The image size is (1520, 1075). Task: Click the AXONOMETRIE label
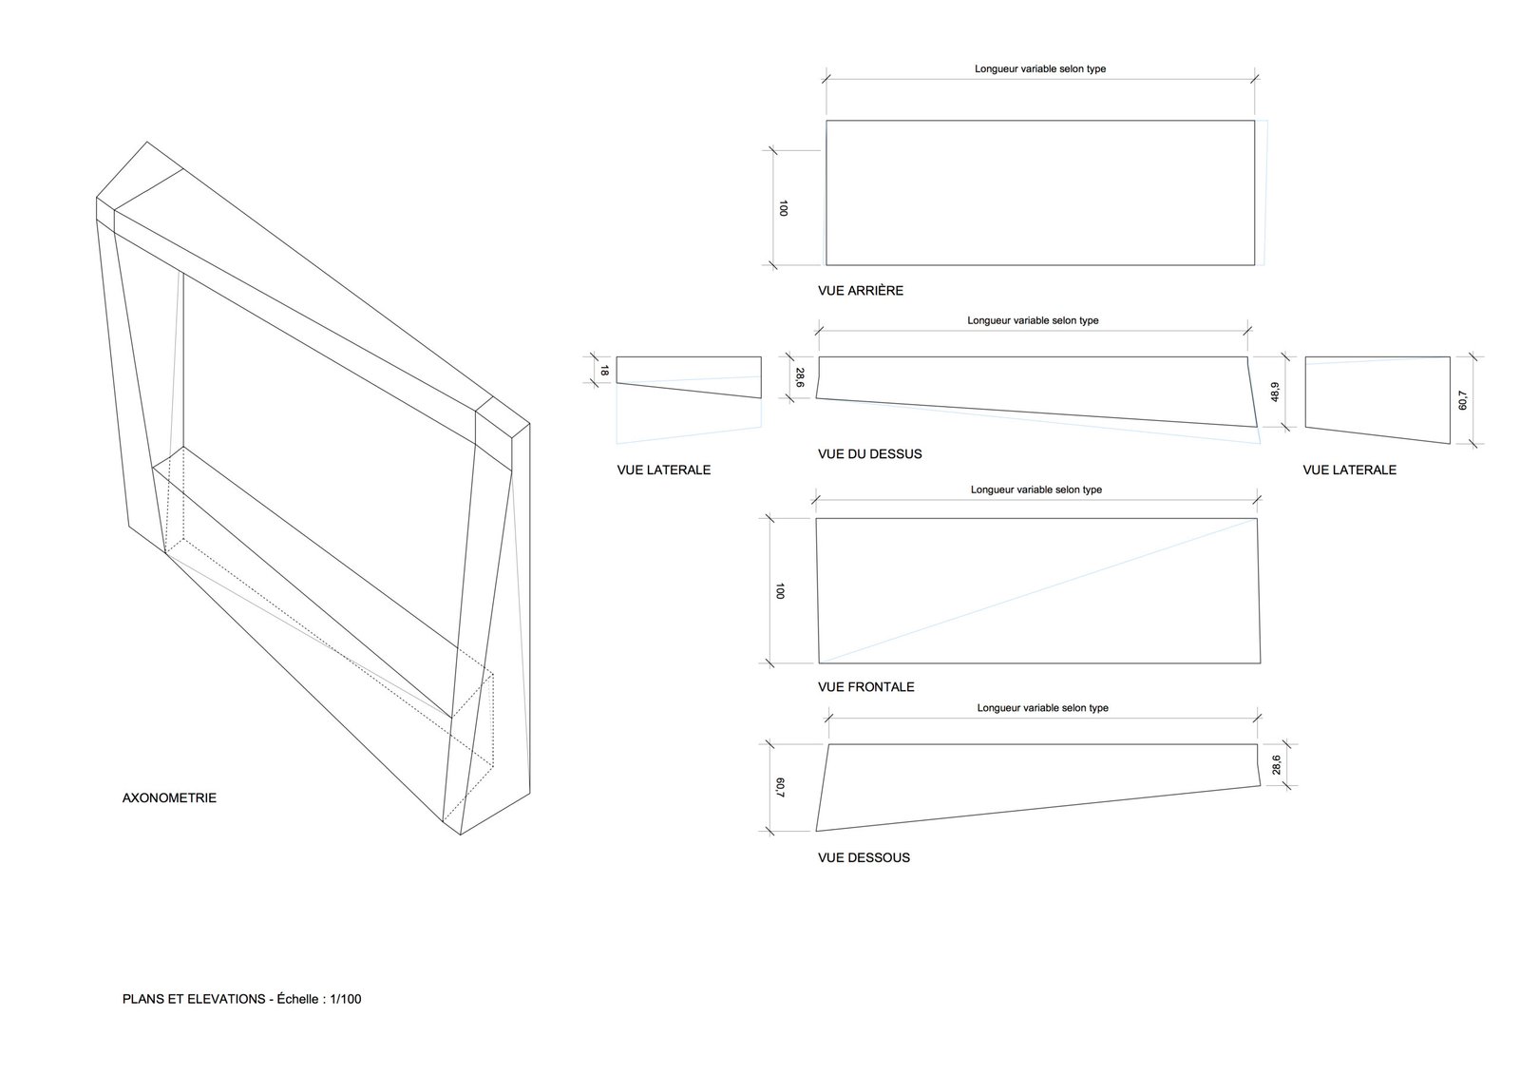tap(169, 797)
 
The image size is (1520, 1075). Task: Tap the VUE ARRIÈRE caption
tap(860, 291)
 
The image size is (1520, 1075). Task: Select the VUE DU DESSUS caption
tap(869, 454)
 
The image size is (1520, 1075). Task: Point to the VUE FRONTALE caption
tap(865, 687)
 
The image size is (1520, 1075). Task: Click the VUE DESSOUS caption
tap(864, 857)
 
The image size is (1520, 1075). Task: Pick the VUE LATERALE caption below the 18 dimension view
tap(663, 470)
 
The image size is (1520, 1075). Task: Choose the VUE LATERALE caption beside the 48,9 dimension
tap(1349, 470)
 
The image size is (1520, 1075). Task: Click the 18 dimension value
tap(604, 371)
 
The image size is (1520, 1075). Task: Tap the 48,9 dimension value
tap(1274, 391)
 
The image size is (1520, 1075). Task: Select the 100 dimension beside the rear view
tap(783, 208)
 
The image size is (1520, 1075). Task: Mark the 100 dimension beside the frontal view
tap(780, 591)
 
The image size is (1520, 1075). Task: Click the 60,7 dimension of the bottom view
tap(780, 788)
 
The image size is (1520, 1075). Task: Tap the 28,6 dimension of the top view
tap(799, 377)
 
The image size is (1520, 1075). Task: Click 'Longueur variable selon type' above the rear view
tap(1039, 69)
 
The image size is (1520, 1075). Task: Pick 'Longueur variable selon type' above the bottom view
tap(1042, 708)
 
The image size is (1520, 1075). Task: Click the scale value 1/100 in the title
tap(346, 999)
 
